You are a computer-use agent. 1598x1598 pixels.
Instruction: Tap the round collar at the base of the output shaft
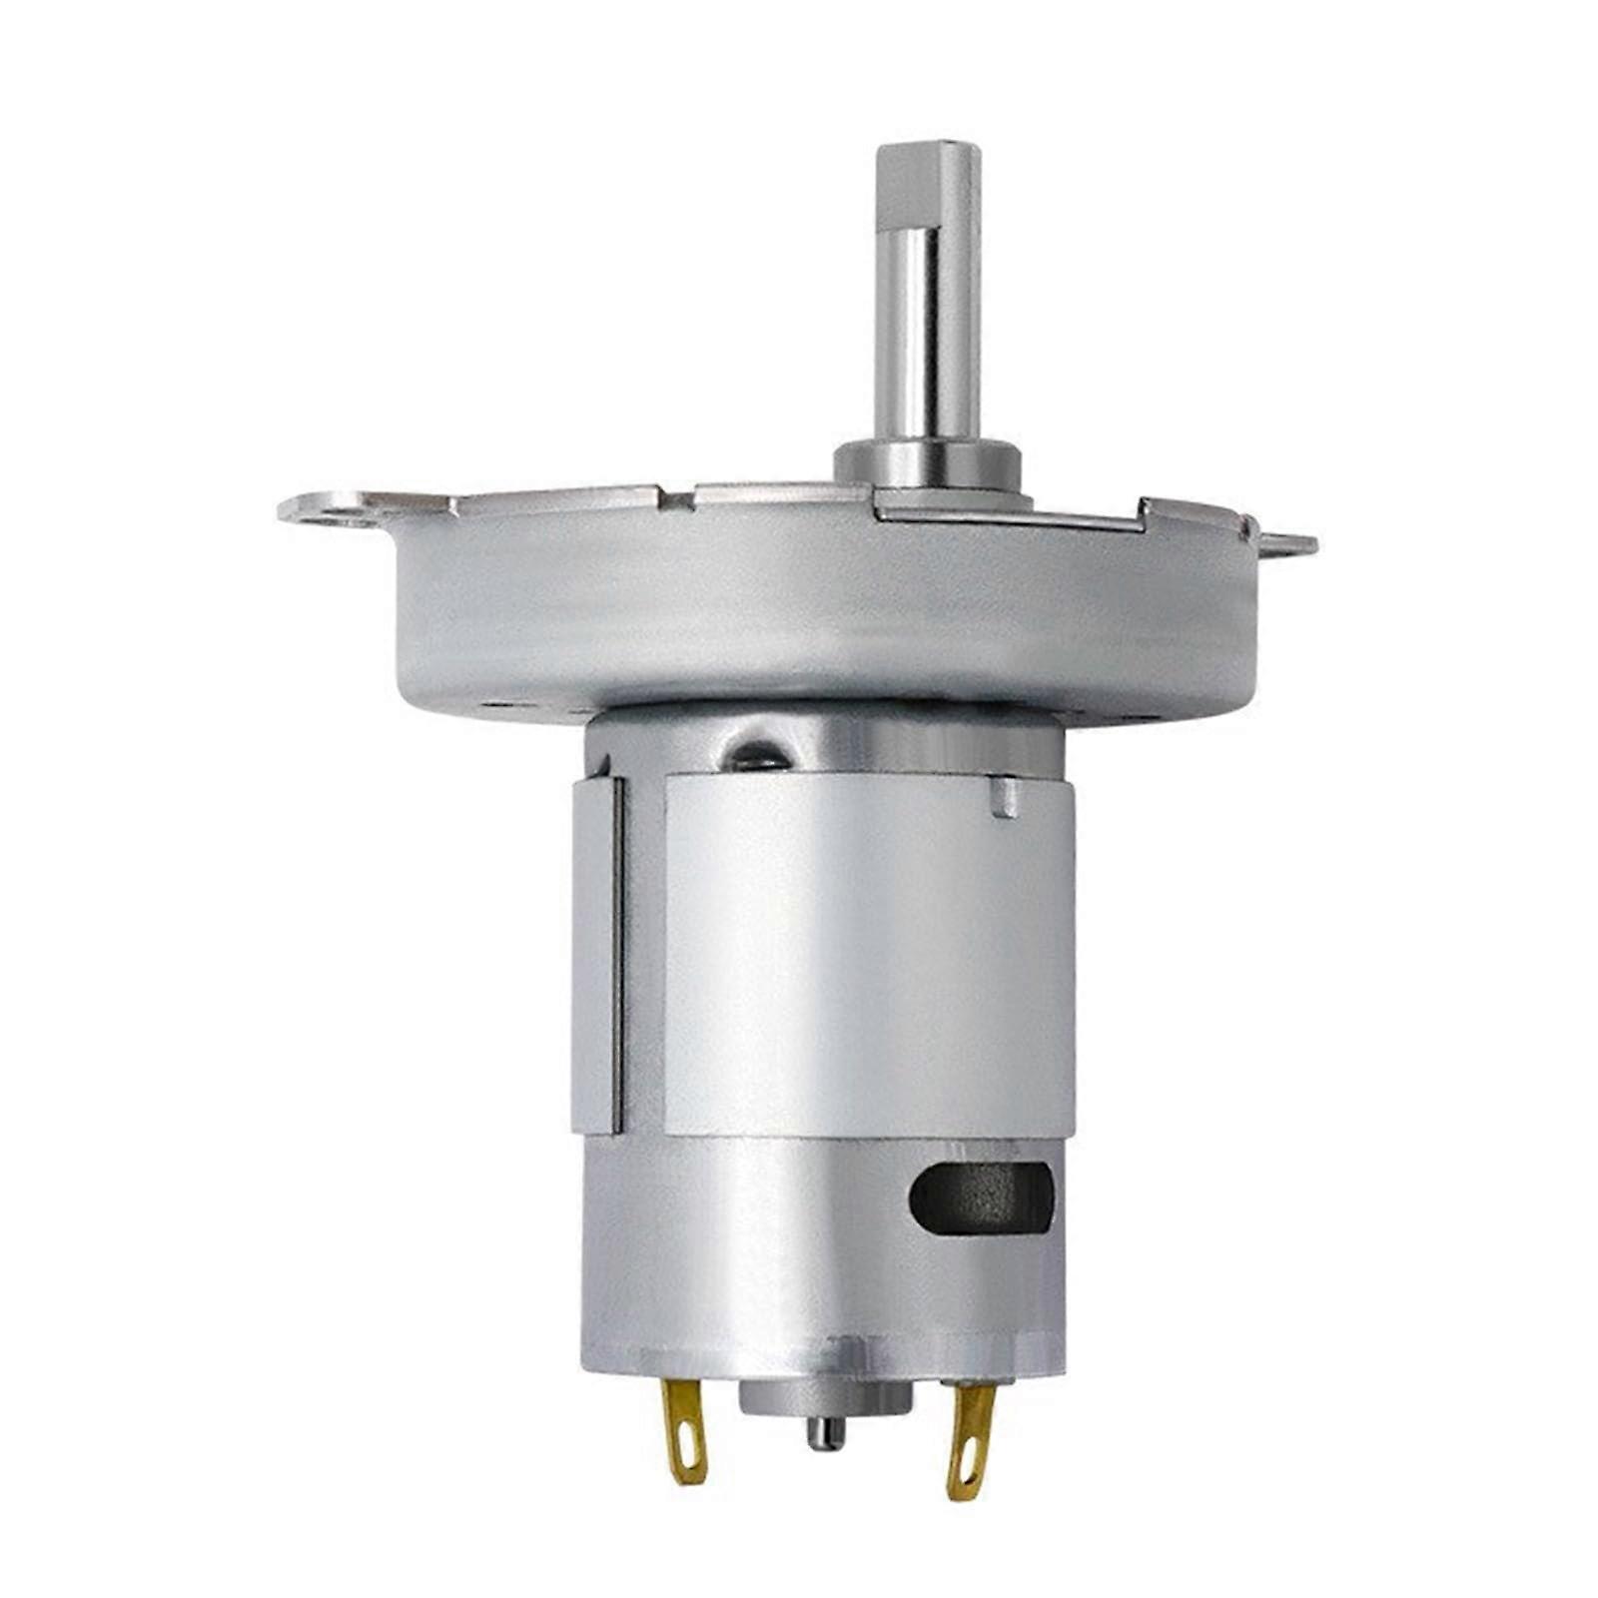coord(927,463)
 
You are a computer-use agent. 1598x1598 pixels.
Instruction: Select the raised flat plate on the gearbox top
coord(1009,511)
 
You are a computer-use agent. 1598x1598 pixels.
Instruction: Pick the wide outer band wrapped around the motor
coord(869,959)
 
